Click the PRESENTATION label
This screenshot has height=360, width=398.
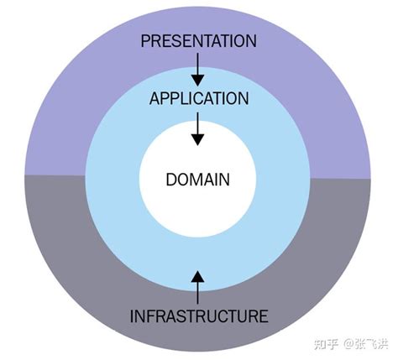click(198, 40)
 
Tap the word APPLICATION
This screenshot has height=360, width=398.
click(198, 98)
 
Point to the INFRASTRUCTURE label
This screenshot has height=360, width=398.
click(199, 316)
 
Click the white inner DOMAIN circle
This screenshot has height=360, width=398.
click(198, 206)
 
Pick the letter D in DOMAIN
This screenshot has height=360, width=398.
click(170, 179)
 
